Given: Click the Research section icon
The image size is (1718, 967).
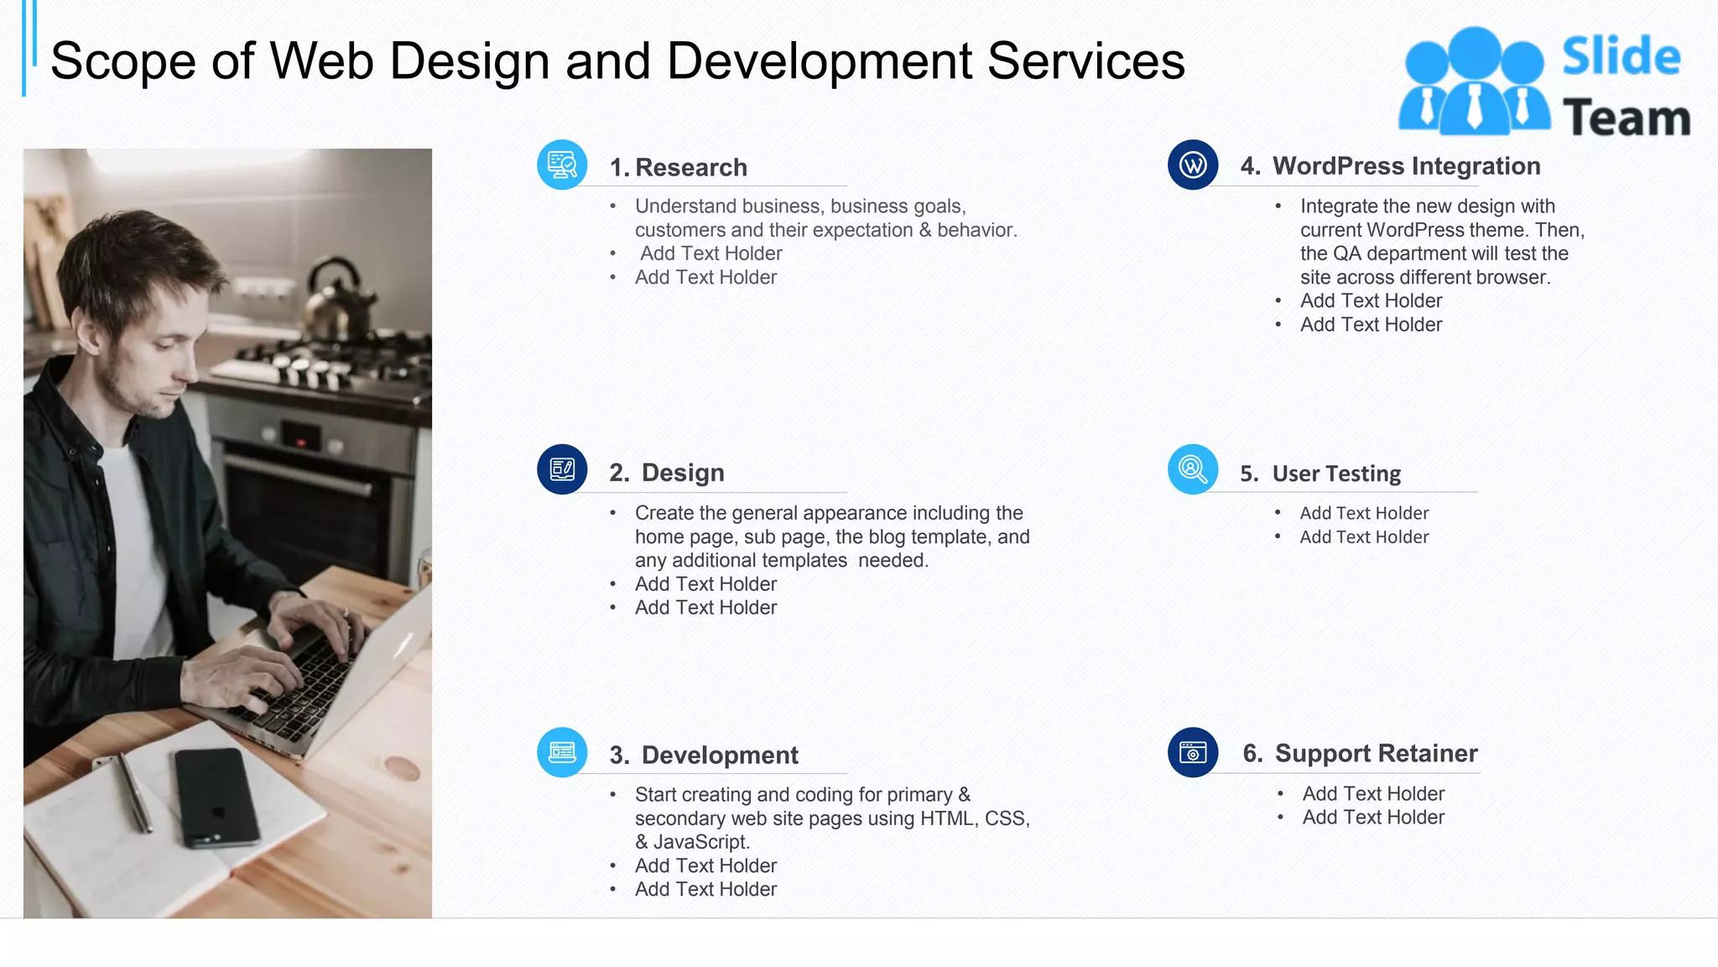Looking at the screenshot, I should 562,165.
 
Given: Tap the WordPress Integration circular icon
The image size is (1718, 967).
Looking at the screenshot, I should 1192,165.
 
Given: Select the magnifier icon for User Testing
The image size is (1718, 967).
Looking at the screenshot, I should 1192,469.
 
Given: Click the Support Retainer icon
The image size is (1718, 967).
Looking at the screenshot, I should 1192,752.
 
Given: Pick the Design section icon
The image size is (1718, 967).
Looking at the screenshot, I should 562,469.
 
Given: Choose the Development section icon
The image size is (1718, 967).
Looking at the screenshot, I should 562,752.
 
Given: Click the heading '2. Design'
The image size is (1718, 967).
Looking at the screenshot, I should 667,473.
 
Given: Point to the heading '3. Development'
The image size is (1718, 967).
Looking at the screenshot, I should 704,755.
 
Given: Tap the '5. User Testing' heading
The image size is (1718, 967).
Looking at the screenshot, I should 1320,473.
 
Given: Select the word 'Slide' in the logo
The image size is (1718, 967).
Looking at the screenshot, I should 1621,56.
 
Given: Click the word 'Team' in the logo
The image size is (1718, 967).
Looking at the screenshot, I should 1626,118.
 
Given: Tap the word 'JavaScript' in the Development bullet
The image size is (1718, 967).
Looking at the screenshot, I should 700,842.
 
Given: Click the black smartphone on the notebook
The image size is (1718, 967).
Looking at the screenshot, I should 216,796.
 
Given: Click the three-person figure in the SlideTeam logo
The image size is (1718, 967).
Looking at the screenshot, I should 1473,82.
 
